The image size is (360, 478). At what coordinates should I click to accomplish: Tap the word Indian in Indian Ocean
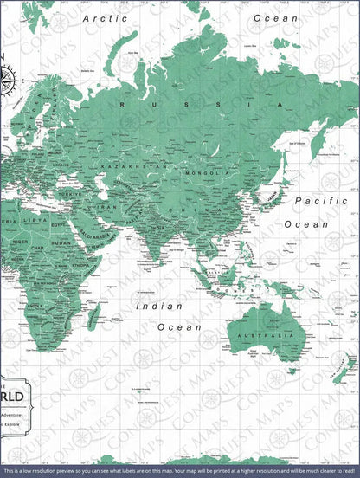[x=160, y=306]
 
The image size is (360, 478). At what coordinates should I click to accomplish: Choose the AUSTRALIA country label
[x=265, y=334]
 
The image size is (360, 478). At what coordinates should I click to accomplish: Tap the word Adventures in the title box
[x=14, y=414]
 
